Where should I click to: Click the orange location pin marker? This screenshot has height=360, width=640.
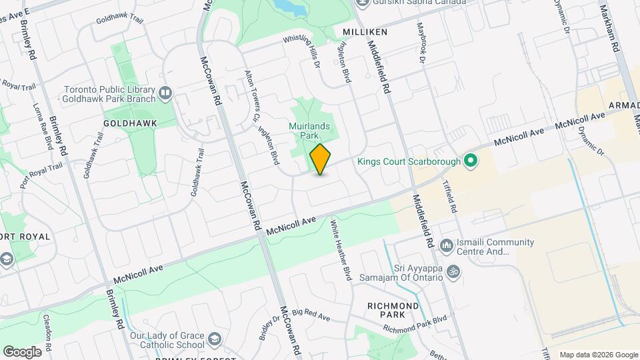point(321,160)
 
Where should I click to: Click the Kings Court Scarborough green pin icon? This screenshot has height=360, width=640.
point(471,161)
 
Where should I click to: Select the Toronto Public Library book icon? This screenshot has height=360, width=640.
point(166,93)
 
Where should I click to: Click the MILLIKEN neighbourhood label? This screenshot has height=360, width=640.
point(365,32)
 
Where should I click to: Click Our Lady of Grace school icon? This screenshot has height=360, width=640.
point(215,339)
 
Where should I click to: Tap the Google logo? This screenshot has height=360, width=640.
point(22,351)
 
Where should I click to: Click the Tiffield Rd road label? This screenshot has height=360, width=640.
point(453,196)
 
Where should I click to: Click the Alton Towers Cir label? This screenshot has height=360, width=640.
point(251,97)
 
